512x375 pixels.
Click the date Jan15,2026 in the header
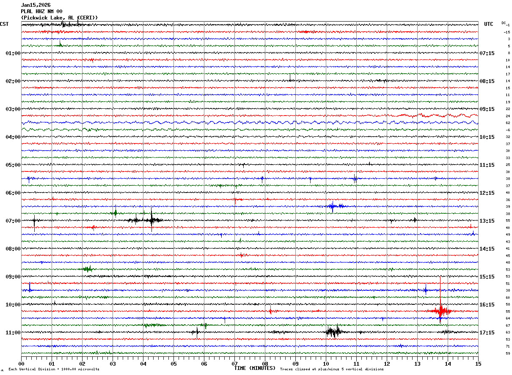[x=36, y=5]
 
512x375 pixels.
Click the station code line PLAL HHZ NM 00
[x=41, y=11]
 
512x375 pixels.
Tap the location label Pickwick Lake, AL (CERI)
[x=59, y=18]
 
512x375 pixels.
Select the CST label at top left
[x=4, y=24]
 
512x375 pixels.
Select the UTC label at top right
[x=489, y=24]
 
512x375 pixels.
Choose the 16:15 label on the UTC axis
[x=487, y=305]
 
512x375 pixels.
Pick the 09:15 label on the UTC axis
[x=487, y=109]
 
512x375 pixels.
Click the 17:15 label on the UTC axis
[x=487, y=333]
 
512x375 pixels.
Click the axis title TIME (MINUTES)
[x=255, y=368]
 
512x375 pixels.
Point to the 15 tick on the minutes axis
[x=478, y=364]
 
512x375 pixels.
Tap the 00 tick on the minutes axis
[x=21, y=364]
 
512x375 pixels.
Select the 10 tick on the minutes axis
[x=326, y=364]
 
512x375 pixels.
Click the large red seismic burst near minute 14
[x=440, y=311]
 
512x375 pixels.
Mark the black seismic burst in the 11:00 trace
[x=333, y=332]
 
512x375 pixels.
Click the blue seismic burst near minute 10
[x=332, y=207]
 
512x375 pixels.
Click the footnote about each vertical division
[x=54, y=369]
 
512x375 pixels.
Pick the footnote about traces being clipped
[x=332, y=369]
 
